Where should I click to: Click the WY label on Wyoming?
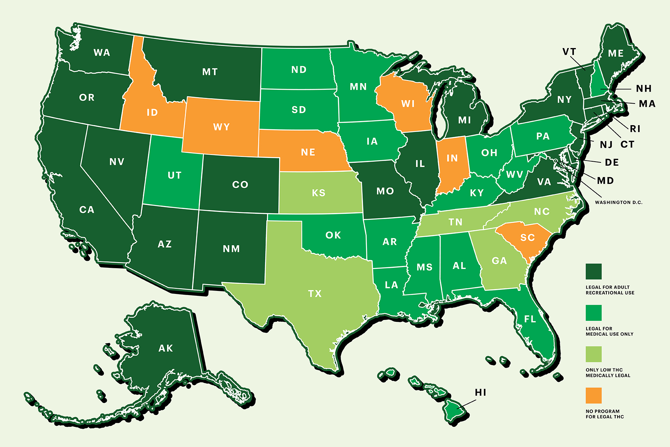click(x=221, y=127)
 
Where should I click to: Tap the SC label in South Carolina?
click(x=527, y=238)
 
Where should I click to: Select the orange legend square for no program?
click(x=594, y=395)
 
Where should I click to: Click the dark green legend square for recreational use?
click(x=594, y=271)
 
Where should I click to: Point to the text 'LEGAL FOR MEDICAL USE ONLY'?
click(x=609, y=331)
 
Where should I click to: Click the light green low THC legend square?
click(x=594, y=354)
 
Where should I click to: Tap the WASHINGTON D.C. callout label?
click(x=618, y=202)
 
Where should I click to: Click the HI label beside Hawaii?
click(x=481, y=392)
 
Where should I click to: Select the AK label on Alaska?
click(x=166, y=348)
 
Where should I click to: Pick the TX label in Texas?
click(x=315, y=294)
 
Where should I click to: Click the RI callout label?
click(x=635, y=129)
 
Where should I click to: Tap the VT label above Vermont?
click(x=569, y=52)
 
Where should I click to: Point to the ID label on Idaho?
click(x=152, y=112)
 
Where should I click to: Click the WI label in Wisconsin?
click(x=408, y=104)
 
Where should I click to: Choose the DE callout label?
click(x=612, y=162)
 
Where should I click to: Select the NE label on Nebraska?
click(x=308, y=152)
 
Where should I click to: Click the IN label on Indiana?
click(x=452, y=158)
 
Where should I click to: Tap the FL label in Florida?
click(x=530, y=319)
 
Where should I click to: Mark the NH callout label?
click(x=644, y=89)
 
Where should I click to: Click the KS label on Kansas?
click(x=319, y=193)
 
